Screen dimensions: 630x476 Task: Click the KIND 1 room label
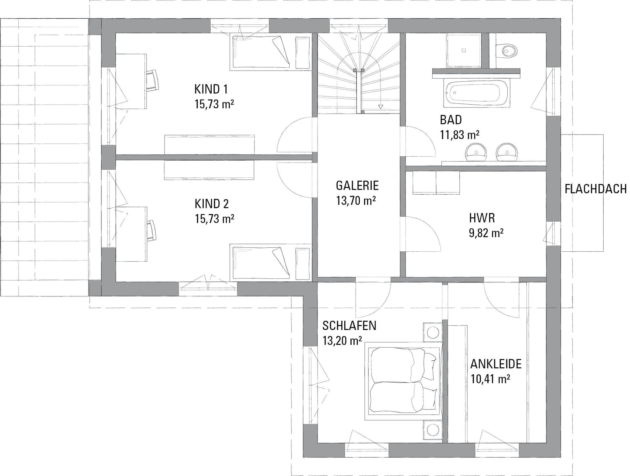coord(211,89)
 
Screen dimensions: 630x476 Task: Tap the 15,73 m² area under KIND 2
coord(215,219)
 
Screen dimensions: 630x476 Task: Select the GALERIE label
coord(357,186)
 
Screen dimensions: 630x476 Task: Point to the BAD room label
coord(451,120)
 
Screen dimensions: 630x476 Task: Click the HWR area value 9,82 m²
coord(486,233)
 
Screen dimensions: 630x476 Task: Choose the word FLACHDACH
coord(596,189)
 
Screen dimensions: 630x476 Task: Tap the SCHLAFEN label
coord(349,326)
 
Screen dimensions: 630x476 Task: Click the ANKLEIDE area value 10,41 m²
coord(490,379)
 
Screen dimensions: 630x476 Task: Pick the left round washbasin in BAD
coord(476,152)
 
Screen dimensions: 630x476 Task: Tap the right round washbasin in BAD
coord(507,152)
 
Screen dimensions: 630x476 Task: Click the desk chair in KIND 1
coord(153,80)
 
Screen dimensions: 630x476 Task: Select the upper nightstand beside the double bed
coord(433,333)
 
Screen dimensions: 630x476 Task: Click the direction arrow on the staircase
coord(381,106)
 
